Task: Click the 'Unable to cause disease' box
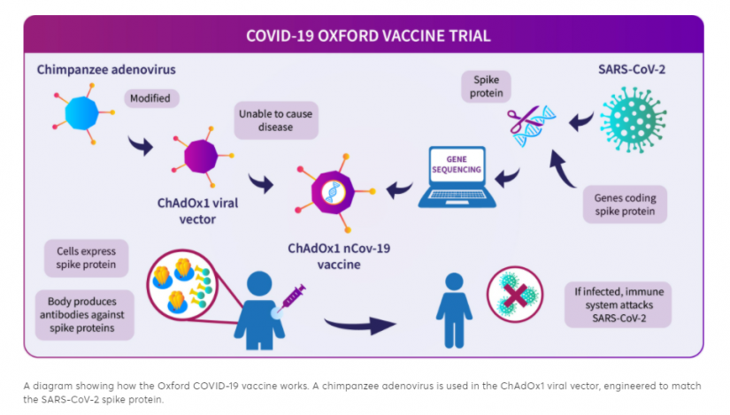276,120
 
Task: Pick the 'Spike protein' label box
485,87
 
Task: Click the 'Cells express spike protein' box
87,258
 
